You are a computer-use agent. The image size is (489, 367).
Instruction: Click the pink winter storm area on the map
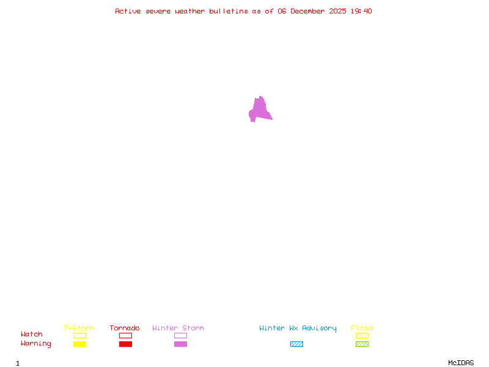(260, 110)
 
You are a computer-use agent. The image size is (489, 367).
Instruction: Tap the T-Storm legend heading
(79, 328)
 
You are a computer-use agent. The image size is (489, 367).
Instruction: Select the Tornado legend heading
(125, 328)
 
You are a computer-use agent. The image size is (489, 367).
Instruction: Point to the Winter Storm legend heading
(178, 328)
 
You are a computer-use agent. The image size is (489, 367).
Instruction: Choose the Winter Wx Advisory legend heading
(298, 328)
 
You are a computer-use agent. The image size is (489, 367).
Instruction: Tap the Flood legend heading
(362, 328)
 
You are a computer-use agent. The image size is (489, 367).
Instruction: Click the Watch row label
(32, 335)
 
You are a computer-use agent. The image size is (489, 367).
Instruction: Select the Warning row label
(36, 344)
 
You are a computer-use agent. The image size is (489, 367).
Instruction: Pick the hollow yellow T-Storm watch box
(79, 335)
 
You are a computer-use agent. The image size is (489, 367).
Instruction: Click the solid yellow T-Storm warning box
(79, 344)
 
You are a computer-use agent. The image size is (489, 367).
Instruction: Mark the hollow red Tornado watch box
(125, 335)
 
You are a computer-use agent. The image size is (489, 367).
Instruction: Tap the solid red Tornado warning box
(125, 344)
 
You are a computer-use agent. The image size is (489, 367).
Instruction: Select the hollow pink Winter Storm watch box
(180, 335)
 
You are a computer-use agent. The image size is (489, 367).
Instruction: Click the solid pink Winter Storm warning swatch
(180, 344)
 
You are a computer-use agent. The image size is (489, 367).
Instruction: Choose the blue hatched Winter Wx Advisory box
(296, 344)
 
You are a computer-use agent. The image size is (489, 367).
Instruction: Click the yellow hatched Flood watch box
(362, 335)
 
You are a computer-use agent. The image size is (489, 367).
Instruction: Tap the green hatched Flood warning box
(362, 344)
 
